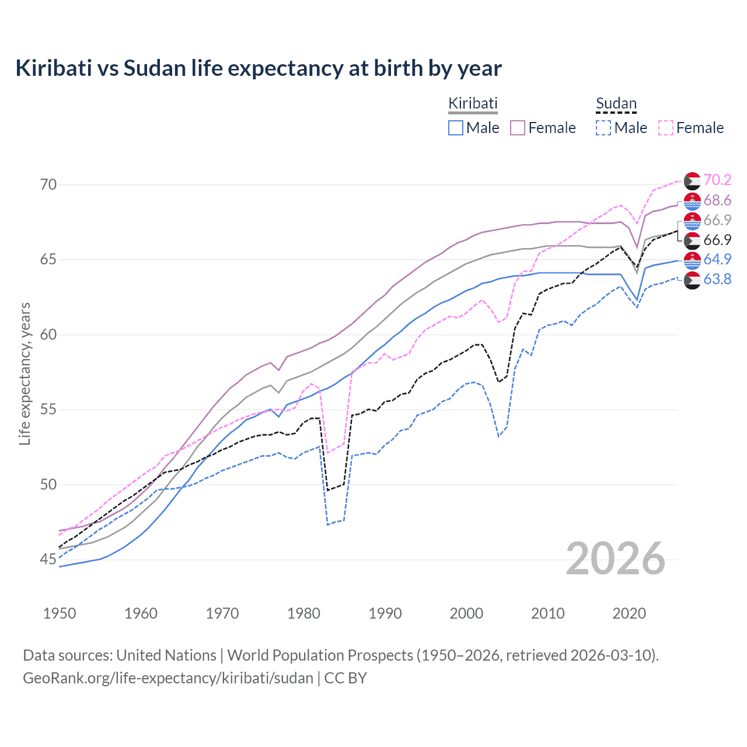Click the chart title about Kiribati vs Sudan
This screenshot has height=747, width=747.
(x=259, y=68)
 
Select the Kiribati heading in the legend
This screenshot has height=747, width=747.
(x=473, y=103)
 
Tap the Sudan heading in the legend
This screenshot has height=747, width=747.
(x=616, y=104)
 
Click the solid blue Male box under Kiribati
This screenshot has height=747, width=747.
(x=456, y=128)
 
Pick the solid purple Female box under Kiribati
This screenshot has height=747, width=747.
(x=518, y=128)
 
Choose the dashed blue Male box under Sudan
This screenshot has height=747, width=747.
(x=603, y=128)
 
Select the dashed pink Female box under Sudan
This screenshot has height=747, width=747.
(x=666, y=128)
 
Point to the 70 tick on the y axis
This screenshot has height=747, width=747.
(x=48, y=185)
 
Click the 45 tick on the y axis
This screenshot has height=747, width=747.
(x=48, y=560)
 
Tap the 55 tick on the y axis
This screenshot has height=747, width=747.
(x=48, y=410)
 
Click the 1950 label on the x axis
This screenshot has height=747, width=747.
(x=60, y=613)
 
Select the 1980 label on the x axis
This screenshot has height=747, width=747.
(x=303, y=613)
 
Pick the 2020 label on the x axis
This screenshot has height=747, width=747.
(x=629, y=613)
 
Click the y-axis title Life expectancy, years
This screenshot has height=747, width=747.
(x=25, y=373)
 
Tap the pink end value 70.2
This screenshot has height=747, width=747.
(x=717, y=180)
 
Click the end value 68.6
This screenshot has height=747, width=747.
(x=717, y=201)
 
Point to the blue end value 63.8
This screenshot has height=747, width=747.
(x=717, y=280)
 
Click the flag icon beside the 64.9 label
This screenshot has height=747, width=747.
(x=692, y=260)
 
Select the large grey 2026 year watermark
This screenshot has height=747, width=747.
(x=616, y=558)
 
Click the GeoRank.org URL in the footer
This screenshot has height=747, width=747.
(x=168, y=678)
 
